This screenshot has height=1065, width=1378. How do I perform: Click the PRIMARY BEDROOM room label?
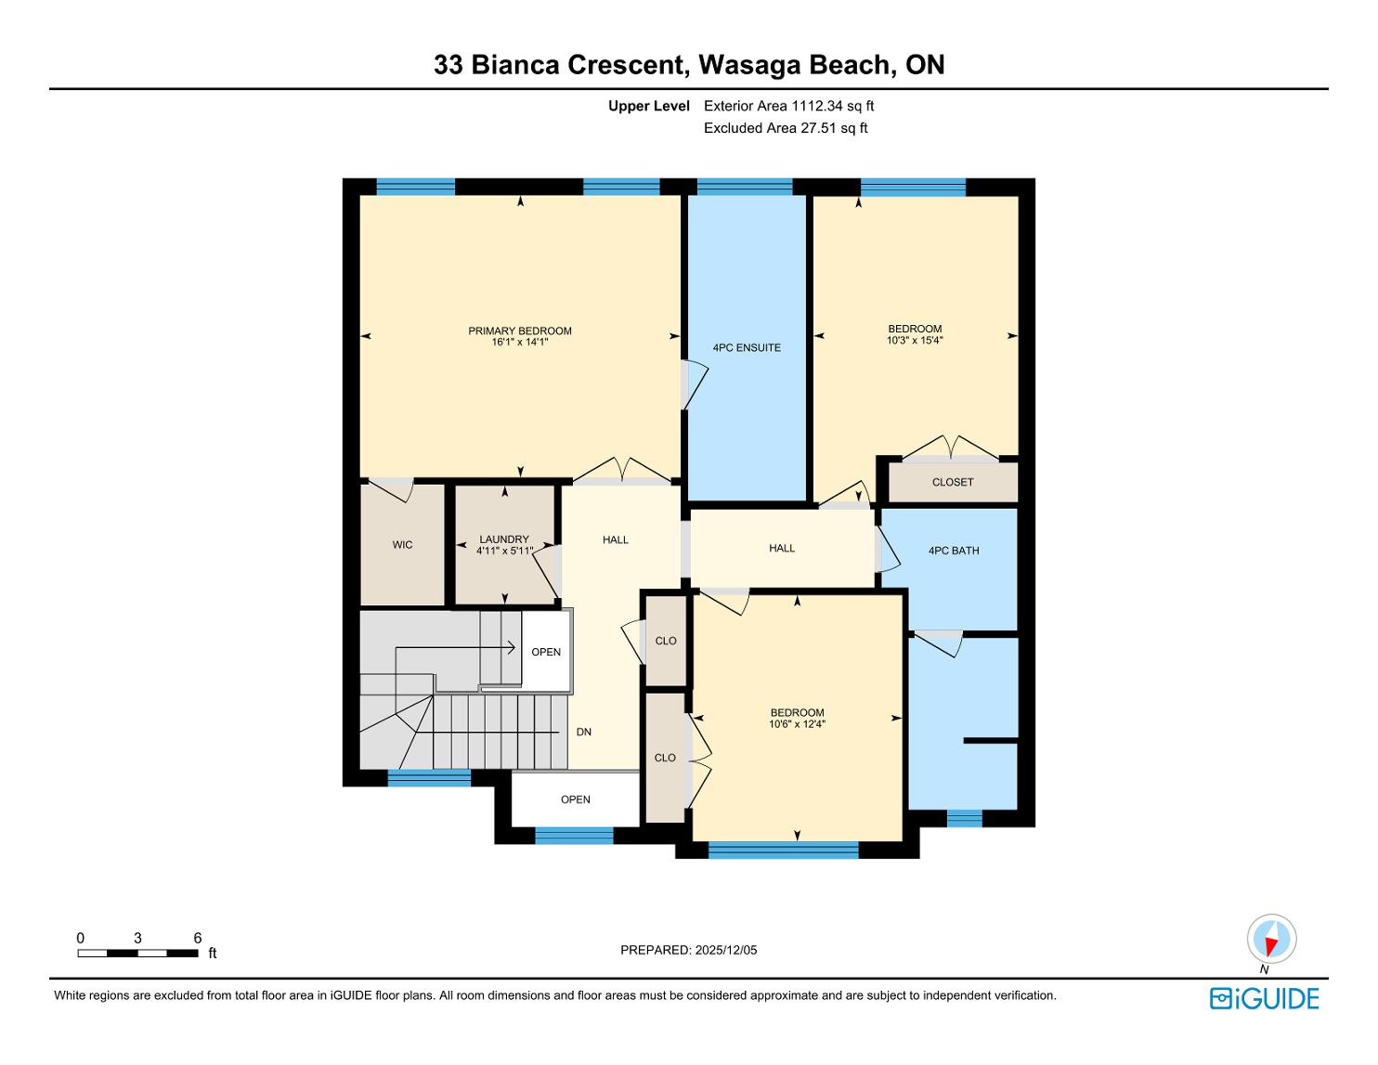tap(519, 331)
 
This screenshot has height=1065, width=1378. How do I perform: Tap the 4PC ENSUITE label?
tap(747, 347)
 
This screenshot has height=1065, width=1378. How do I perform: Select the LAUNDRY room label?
tap(504, 539)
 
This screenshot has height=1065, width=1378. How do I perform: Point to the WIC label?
tap(402, 544)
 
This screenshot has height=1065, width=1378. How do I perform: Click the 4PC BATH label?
tap(954, 551)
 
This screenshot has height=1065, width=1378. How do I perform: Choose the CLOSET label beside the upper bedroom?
tap(953, 482)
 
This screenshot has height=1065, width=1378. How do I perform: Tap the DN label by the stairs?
tap(583, 733)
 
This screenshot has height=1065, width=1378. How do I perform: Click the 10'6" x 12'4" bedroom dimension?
tap(797, 724)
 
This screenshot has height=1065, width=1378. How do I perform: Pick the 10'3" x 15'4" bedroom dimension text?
tap(915, 340)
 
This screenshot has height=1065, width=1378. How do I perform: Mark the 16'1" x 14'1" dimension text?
tap(519, 343)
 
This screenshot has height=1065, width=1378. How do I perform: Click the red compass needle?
tap(1270, 946)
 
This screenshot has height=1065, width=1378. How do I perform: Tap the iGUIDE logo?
tap(1265, 998)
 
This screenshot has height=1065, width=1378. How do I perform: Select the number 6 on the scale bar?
tap(197, 938)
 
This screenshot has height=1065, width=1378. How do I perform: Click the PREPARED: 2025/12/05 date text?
tap(689, 950)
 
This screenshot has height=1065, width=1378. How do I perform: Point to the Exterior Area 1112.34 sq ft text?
tap(789, 106)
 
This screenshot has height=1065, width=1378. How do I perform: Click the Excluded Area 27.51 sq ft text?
tap(786, 128)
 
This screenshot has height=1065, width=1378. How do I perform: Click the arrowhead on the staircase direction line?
tap(510, 647)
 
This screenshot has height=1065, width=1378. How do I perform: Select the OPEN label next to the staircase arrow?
tap(546, 652)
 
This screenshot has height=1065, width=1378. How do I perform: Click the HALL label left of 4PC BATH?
tap(782, 549)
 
